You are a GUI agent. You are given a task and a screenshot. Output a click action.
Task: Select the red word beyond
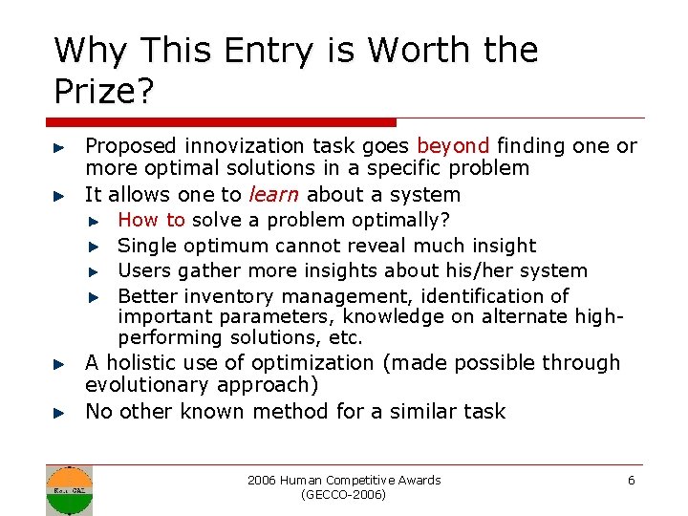[453, 146]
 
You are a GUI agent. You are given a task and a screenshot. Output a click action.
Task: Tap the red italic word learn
[272, 195]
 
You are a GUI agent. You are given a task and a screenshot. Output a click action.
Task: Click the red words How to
[151, 221]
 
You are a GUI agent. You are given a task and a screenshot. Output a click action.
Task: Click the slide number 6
[631, 480]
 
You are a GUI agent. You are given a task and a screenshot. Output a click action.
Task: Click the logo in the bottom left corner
[70, 489]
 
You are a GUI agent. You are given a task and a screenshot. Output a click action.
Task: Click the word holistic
[143, 363]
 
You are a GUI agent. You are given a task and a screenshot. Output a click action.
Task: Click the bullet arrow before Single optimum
[94, 247]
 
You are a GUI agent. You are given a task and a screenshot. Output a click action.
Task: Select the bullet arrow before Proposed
[58, 148]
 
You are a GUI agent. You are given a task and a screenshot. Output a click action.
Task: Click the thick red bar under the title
[220, 122]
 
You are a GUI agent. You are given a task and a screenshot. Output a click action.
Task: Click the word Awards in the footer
[420, 480]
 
